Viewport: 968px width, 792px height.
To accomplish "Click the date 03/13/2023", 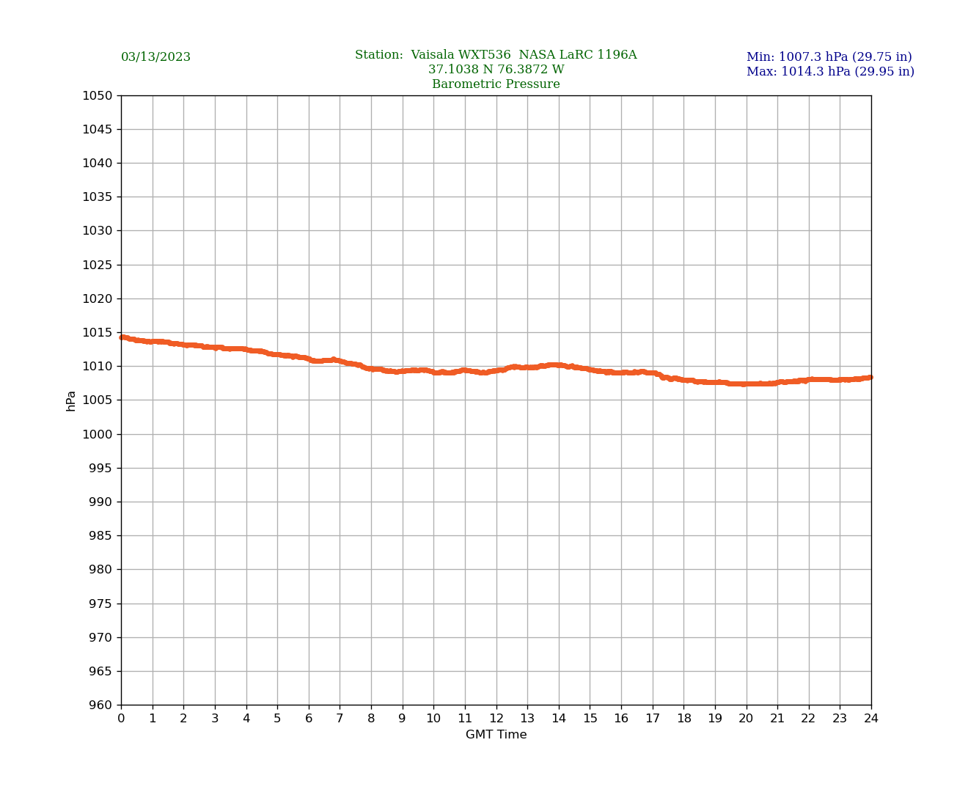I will coord(155,57).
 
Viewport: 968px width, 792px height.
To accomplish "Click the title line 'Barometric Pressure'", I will coord(496,84).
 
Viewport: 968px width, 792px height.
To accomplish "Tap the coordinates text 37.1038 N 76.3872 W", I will coord(496,70).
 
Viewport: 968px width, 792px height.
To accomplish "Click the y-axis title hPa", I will coord(71,400).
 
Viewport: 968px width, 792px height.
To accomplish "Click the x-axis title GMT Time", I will coord(496,735).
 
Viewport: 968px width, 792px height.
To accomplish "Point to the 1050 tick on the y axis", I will coord(97,95).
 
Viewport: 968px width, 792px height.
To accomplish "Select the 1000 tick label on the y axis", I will coord(97,434).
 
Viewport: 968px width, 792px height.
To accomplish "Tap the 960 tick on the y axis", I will coord(100,705).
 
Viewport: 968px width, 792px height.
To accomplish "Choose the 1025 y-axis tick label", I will coord(97,265).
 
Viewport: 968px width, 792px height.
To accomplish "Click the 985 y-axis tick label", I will coord(100,536).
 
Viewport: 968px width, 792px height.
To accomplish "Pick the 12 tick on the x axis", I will coord(496,719).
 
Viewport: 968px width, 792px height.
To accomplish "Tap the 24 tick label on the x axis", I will coord(871,719).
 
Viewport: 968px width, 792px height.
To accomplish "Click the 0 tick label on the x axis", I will coord(121,719).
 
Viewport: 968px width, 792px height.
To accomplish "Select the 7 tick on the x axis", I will coord(340,719).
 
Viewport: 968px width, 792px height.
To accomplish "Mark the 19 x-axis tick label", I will coord(715,719).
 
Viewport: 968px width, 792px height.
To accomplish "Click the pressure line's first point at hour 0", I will coord(122,337).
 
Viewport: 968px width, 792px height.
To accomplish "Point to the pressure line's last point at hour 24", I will coord(870,377).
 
